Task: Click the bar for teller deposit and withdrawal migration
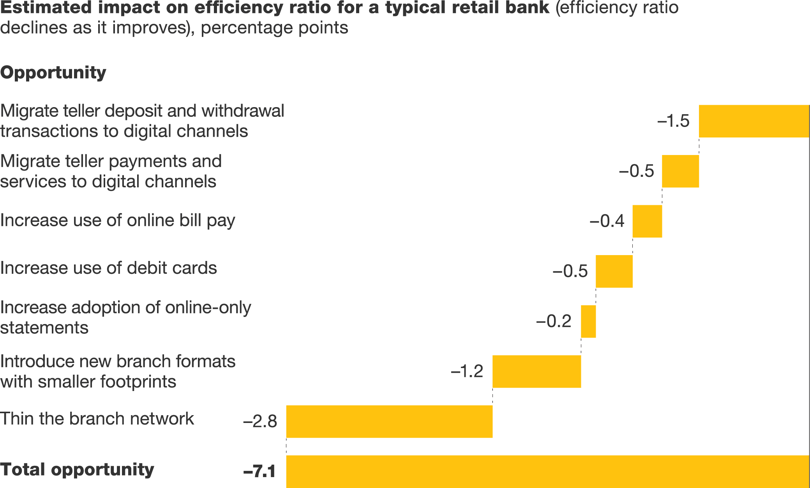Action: [754, 121]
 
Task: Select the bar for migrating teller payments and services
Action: [680, 171]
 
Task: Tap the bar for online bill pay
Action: [647, 221]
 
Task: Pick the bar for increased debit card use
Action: [614, 271]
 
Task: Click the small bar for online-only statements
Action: [588, 321]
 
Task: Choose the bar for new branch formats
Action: [536, 372]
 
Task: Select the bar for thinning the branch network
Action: [389, 421]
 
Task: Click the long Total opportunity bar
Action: [547, 471]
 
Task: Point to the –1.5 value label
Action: [673, 121]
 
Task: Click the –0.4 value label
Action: [607, 221]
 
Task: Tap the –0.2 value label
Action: [554, 321]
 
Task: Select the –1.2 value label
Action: [467, 372]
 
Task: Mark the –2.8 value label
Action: [260, 421]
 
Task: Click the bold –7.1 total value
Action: [259, 471]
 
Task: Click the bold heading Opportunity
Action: [53, 73]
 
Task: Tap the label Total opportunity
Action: [77, 470]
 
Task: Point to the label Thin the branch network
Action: [97, 419]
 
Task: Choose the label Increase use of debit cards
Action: [108, 268]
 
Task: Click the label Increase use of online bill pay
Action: [118, 221]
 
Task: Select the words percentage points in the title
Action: [274, 28]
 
